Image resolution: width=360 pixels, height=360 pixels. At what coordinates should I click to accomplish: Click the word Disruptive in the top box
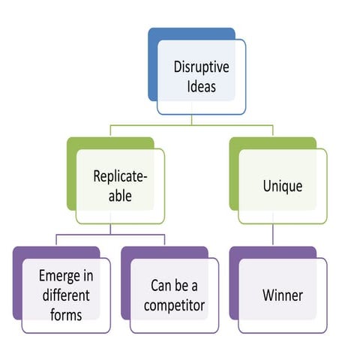201,67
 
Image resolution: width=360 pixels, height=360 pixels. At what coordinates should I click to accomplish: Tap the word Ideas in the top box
202,86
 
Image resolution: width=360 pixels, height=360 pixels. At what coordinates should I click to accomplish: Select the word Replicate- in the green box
120,176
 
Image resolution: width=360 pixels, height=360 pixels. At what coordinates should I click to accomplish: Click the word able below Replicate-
120,196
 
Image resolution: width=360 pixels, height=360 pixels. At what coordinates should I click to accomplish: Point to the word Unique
283,186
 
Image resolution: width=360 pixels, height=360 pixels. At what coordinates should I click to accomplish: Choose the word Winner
283,295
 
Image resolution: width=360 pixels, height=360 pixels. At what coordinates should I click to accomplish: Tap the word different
66,295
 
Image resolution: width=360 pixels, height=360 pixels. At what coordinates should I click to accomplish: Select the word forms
66,315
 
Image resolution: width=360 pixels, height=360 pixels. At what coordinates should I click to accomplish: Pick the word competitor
174,306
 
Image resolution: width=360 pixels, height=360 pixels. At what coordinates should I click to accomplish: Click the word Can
160,286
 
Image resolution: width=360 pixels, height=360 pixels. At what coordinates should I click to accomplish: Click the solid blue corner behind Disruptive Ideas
152,65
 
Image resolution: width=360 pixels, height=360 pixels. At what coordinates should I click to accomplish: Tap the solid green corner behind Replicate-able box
71,174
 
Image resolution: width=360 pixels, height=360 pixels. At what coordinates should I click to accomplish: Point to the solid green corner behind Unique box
234,174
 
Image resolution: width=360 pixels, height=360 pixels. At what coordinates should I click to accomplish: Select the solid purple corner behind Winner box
234,283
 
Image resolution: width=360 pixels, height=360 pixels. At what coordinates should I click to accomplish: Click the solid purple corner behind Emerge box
17,283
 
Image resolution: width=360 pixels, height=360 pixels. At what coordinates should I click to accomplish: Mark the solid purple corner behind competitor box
125,283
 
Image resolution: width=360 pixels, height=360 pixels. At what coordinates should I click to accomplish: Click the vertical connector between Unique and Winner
273,235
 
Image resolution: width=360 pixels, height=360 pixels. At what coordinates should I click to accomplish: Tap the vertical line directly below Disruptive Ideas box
191,120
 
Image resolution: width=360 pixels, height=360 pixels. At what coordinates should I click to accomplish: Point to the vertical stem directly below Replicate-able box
110,229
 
